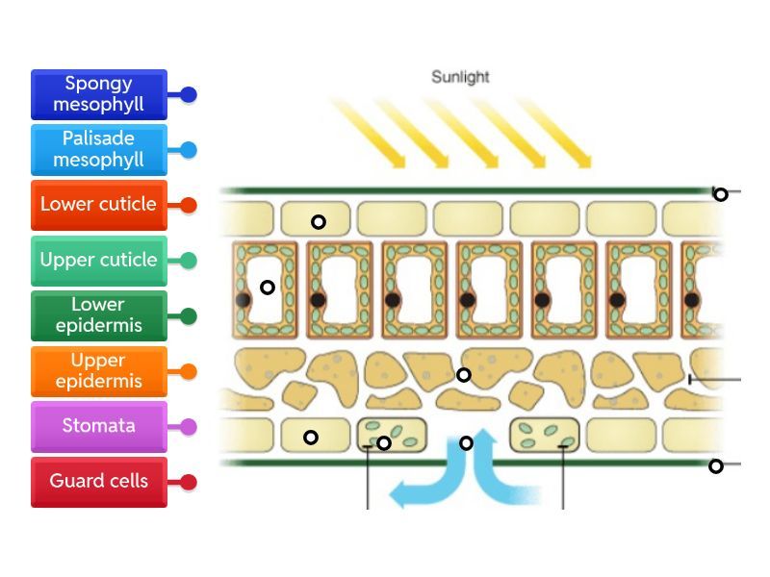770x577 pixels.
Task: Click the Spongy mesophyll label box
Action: [99, 94]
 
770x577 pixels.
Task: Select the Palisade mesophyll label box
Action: [99, 149]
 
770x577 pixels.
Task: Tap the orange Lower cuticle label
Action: [99, 205]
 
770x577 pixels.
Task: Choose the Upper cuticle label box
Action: [99, 260]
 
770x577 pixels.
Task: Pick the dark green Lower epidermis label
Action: [99, 315]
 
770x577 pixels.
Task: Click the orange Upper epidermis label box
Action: [99, 371]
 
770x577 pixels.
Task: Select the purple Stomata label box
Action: [99, 426]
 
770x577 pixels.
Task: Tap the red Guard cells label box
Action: [99, 481]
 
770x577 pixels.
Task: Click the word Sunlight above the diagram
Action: [460, 77]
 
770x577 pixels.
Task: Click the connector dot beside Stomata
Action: [189, 426]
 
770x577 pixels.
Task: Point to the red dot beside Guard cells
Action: [189, 482]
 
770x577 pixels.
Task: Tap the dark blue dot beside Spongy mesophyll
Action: [189, 95]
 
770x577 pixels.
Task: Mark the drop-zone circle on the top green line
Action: [720, 194]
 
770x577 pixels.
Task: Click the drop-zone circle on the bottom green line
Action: [716, 466]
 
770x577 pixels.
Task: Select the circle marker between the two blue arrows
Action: [467, 443]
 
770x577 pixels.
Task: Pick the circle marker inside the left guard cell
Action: [384, 443]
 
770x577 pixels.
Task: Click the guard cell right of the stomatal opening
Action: [545, 435]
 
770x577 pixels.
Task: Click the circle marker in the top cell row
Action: [319, 222]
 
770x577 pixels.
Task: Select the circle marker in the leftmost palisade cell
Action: [268, 287]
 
